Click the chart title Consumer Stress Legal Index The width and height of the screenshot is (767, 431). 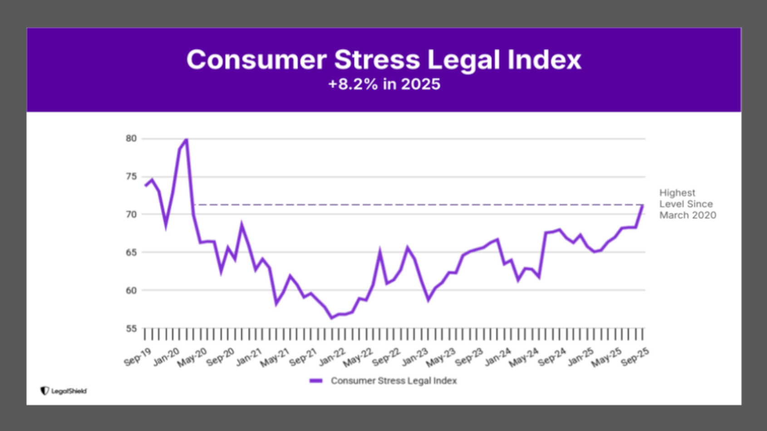tap(383, 59)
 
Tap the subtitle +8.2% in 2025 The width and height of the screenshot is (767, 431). tap(384, 84)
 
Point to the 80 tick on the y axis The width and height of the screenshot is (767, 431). tap(131, 138)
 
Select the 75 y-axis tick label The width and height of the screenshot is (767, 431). tap(131, 176)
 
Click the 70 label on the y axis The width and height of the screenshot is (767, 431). tap(131, 214)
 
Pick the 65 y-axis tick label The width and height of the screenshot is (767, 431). tap(131, 252)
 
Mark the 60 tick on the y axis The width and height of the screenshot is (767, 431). tap(131, 290)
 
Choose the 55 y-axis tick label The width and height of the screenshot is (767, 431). tap(131, 328)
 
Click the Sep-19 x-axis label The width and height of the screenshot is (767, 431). tap(138, 358)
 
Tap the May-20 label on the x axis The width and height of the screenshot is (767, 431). tap(192, 358)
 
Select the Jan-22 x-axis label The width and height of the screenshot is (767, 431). tap(332, 358)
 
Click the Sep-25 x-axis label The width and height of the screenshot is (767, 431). tap(635, 357)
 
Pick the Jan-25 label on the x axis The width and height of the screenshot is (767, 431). tap(580, 358)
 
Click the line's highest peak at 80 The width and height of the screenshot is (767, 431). tap(187, 139)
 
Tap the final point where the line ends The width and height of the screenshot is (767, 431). tap(643, 206)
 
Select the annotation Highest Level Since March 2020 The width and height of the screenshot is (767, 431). tap(687, 204)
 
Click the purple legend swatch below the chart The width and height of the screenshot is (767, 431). tap(316, 381)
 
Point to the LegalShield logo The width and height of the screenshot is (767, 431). tap(64, 391)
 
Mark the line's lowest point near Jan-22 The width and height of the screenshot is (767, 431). tap(331, 318)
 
